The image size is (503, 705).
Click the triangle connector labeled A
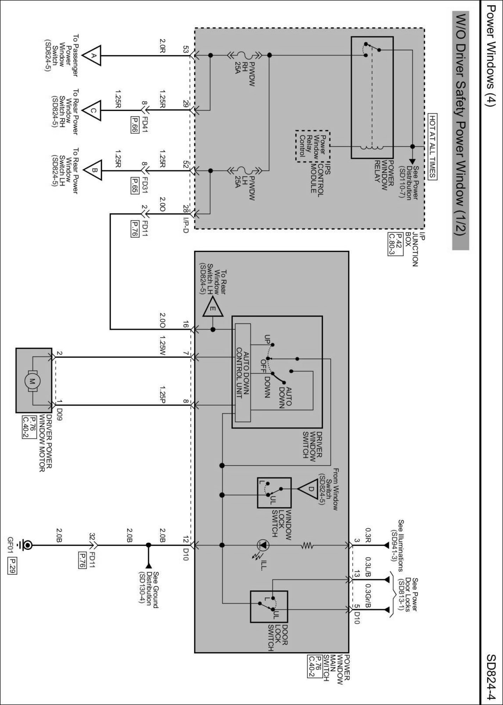(x=93, y=55)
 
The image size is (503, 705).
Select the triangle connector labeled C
(x=93, y=110)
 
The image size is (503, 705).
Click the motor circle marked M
(x=32, y=381)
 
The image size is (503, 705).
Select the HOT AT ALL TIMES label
(x=432, y=146)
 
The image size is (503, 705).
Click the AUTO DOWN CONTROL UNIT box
(x=243, y=372)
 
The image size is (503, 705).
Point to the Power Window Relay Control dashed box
(x=312, y=146)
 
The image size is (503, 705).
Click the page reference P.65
(x=134, y=184)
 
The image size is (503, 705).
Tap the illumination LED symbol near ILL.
(x=263, y=545)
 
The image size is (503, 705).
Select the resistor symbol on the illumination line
(x=307, y=545)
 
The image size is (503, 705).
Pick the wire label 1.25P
(x=162, y=392)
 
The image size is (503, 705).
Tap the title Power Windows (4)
(x=492, y=60)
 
